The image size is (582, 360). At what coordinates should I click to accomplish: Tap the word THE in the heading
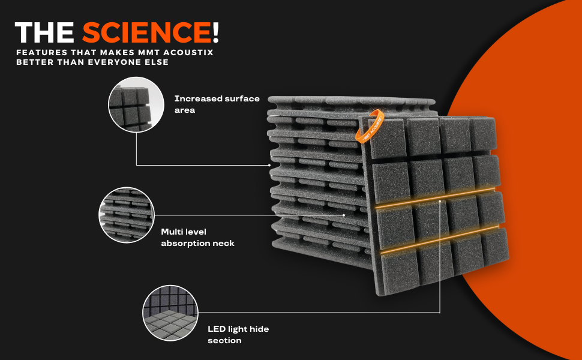pos(46,32)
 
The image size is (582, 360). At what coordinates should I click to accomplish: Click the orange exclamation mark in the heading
pos(215,32)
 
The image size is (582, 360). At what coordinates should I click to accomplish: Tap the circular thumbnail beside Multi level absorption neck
pos(127,215)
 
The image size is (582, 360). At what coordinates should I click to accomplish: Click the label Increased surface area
pos(217,104)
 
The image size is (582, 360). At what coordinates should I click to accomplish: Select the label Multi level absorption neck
pos(197,237)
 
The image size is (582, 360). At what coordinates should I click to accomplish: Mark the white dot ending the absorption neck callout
pos(344,215)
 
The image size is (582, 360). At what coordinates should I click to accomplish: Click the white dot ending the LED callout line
pos(440,202)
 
